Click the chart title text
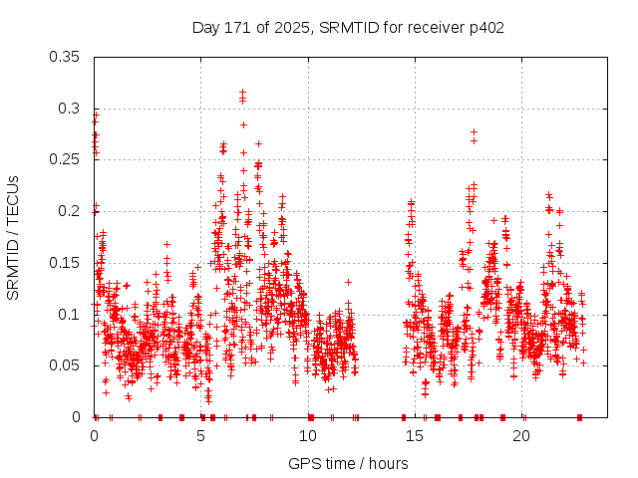coord(348,28)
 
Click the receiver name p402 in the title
coord(482,28)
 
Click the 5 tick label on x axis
coord(201,436)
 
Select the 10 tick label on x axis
coord(308,436)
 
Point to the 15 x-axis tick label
coord(415,436)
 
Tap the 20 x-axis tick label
coord(521,436)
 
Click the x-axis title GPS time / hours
coord(348,463)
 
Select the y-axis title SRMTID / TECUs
coord(14,237)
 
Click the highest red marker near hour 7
coord(242,93)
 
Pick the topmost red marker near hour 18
coord(474,131)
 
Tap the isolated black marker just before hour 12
coord(348,282)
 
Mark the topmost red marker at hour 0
coord(96,113)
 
